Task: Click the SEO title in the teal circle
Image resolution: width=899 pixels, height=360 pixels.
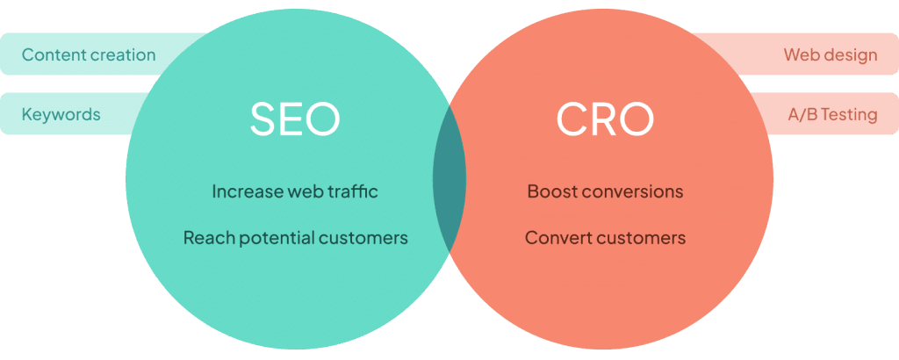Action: (x=295, y=119)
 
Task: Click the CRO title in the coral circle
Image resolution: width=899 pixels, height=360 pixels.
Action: (x=605, y=119)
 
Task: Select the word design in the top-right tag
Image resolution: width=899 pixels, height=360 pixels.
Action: (x=852, y=55)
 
